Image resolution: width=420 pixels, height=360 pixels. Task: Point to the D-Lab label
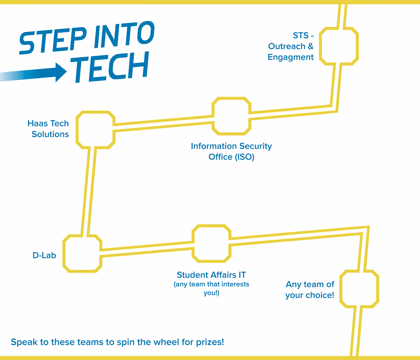coord(44,256)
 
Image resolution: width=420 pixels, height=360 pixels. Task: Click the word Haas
coord(37,123)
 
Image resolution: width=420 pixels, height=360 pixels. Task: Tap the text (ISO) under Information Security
coord(244,157)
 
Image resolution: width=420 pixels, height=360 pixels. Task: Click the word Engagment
coord(290,57)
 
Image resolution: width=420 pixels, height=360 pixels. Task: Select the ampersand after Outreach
coord(311,46)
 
